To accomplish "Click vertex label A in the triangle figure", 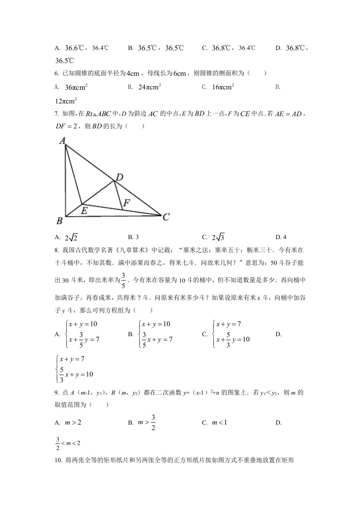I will [x=63, y=141].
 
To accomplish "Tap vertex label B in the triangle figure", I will [x=59, y=221].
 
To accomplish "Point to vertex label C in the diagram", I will [x=166, y=217].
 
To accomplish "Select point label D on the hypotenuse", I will [x=119, y=177].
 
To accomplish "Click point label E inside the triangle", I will [x=84, y=210].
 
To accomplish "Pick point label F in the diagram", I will [x=127, y=204].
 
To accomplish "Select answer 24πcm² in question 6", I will [x=150, y=87].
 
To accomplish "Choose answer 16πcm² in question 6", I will [x=223, y=87].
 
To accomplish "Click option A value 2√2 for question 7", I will [x=71, y=237].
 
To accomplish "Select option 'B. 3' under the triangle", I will [x=133, y=237].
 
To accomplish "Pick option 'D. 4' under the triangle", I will [x=281, y=237].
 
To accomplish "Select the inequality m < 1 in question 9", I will [x=219, y=422].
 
